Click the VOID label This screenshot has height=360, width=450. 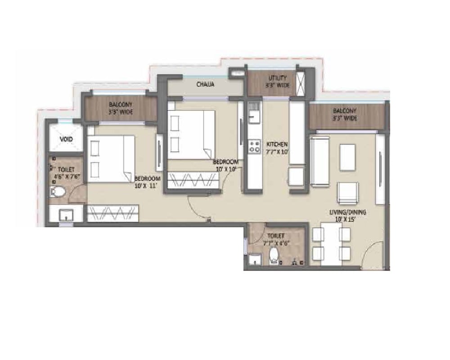pyautogui.click(x=66, y=139)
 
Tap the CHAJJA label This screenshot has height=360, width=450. pyautogui.click(x=205, y=84)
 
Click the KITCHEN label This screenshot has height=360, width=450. pyautogui.click(x=277, y=144)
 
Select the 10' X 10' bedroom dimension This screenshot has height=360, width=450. pyautogui.click(x=225, y=169)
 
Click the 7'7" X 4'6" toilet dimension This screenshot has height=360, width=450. pyautogui.click(x=276, y=243)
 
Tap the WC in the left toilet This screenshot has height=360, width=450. pyautogui.click(x=58, y=193)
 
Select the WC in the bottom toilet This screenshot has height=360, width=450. pyautogui.click(x=273, y=258)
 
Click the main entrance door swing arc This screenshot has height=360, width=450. pyautogui.click(x=371, y=256)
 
